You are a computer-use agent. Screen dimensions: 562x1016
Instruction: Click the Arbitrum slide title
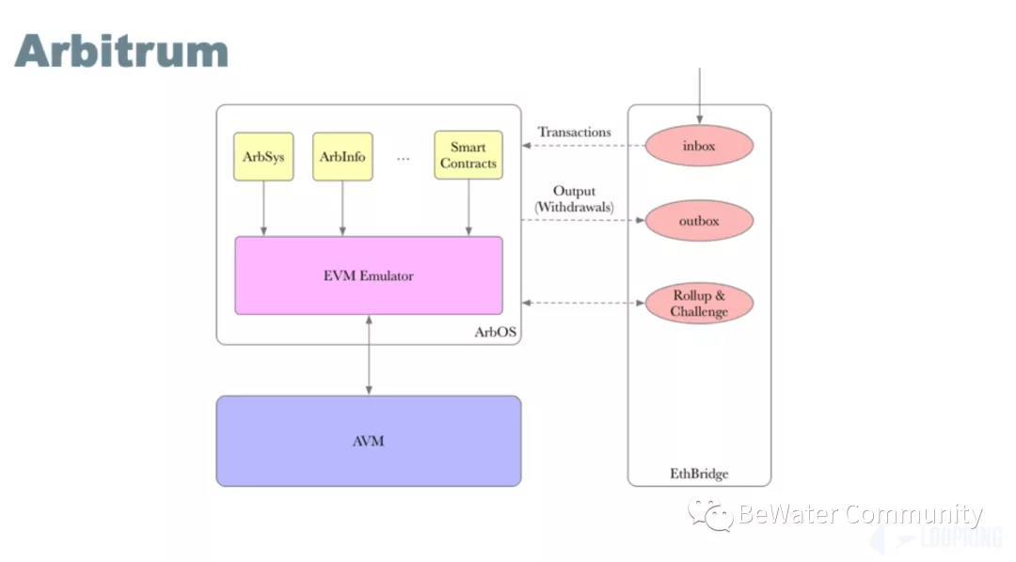click(x=121, y=51)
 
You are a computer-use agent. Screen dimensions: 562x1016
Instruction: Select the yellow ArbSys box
click(x=263, y=156)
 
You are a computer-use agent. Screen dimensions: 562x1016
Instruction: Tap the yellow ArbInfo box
click(x=342, y=156)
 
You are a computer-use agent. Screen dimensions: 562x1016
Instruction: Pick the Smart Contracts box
click(x=468, y=156)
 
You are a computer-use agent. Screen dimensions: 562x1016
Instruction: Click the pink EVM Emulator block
click(x=368, y=275)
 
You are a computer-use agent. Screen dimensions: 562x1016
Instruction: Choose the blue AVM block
click(x=368, y=441)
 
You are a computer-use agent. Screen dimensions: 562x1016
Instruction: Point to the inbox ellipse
click(x=699, y=147)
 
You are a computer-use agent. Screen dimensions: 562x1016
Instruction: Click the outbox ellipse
click(x=699, y=221)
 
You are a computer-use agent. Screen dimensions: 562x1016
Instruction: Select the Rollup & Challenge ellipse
click(x=699, y=304)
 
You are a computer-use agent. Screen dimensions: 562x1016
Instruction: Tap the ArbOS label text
click(x=496, y=333)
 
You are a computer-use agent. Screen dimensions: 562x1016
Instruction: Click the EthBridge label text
click(x=699, y=474)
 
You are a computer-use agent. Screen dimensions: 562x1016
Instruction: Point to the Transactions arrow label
click(x=574, y=133)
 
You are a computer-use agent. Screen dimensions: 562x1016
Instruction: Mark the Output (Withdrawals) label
click(x=574, y=198)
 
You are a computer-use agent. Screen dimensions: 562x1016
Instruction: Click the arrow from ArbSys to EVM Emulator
click(x=263, y=208)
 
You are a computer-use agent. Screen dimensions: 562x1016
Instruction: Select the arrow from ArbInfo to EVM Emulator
click(x=342, y=208)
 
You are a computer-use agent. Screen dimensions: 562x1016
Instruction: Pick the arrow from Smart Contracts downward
click(x=468, y=208)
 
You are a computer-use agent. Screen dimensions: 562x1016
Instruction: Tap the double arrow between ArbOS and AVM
click(x=368, y=355)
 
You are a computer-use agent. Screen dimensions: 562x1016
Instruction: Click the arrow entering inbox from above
click(x=699, y=94)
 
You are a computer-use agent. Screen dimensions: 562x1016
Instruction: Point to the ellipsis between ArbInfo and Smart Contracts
click(x=404, y=158)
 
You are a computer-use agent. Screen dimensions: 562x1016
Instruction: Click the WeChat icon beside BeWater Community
click(x=711, y=514)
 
